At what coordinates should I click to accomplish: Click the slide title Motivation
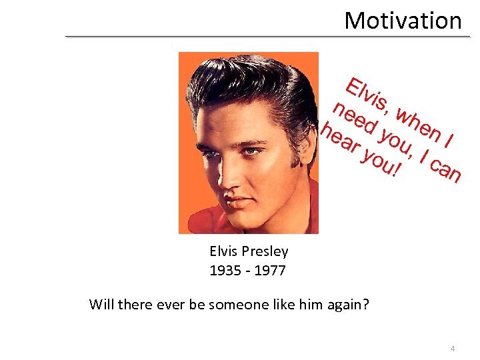[403, 21]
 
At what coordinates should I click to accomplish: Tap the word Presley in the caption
[265, 251]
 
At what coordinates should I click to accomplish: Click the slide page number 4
[453, 348]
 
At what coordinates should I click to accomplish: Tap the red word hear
[339, 140]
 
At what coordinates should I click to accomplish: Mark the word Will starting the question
[101, 305]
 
